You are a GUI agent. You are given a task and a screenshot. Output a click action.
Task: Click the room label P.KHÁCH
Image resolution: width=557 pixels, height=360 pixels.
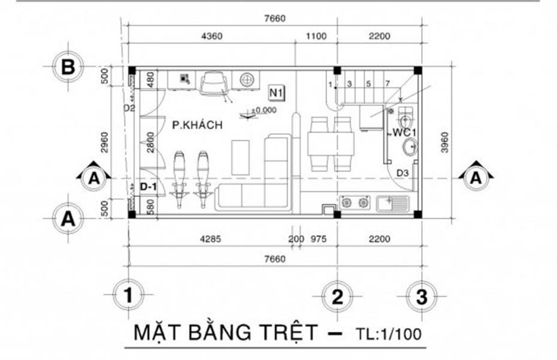197,125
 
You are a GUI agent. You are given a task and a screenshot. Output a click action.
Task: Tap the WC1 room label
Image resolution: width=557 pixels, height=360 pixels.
404,131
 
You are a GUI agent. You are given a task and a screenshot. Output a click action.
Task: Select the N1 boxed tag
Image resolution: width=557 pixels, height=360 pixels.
276,93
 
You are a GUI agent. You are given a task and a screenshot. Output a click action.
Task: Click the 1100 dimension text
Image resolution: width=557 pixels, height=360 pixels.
316,36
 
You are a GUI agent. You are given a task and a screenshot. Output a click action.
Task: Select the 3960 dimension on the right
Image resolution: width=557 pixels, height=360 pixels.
444,143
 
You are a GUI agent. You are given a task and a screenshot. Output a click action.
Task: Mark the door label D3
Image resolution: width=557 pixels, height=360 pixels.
402,174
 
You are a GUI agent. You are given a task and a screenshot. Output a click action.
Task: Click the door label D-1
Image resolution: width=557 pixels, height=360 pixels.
148,187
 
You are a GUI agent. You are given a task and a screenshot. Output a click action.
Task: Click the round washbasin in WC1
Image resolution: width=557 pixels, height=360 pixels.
411,146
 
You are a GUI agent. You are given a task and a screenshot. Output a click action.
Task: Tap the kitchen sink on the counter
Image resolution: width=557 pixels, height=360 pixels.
393,204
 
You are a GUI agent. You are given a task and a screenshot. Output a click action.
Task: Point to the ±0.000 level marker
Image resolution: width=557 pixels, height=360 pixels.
264,111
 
